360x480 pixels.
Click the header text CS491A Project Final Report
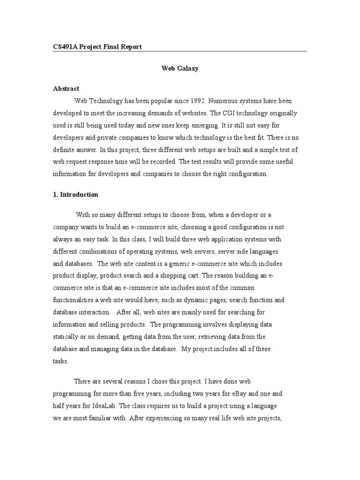pyautogui.click(x=97, y=47)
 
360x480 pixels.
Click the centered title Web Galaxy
pyautogui.click(x=180, y=68)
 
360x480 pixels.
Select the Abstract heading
pyautogui.click(x=66, y=89)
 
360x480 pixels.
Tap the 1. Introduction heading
pyautogui.click(x=75, y=195)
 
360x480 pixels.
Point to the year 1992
pyautogui.click(x=195, y=101)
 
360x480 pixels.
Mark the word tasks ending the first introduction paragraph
pyautogui.click(x=61, y=361)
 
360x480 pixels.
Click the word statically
pyautogui.click(x=67, y=337)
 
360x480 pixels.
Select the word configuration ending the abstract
pyautogui.click(x=245, y=174)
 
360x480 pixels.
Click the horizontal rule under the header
pyautogui.click(x=180, y=52)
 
